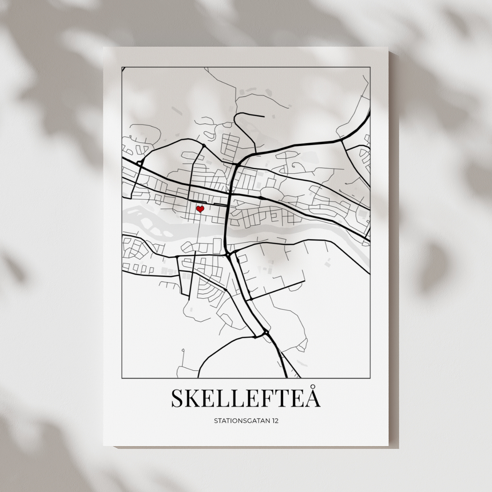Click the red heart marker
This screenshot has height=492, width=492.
[x=200, y=209]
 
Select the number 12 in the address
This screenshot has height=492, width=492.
[x=275, y=421]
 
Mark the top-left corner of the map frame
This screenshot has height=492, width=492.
[x=122, y=67]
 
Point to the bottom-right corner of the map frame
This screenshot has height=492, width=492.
[x=370, y=378]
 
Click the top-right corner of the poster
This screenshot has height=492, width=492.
[x=388, y=47]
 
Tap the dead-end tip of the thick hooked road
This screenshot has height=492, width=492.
[x=264, y=117]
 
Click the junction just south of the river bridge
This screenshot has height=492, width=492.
[x=227, y=254]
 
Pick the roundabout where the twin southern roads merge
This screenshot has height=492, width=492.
[x=266, y=332]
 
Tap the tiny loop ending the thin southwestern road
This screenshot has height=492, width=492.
[x=183, y=350]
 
